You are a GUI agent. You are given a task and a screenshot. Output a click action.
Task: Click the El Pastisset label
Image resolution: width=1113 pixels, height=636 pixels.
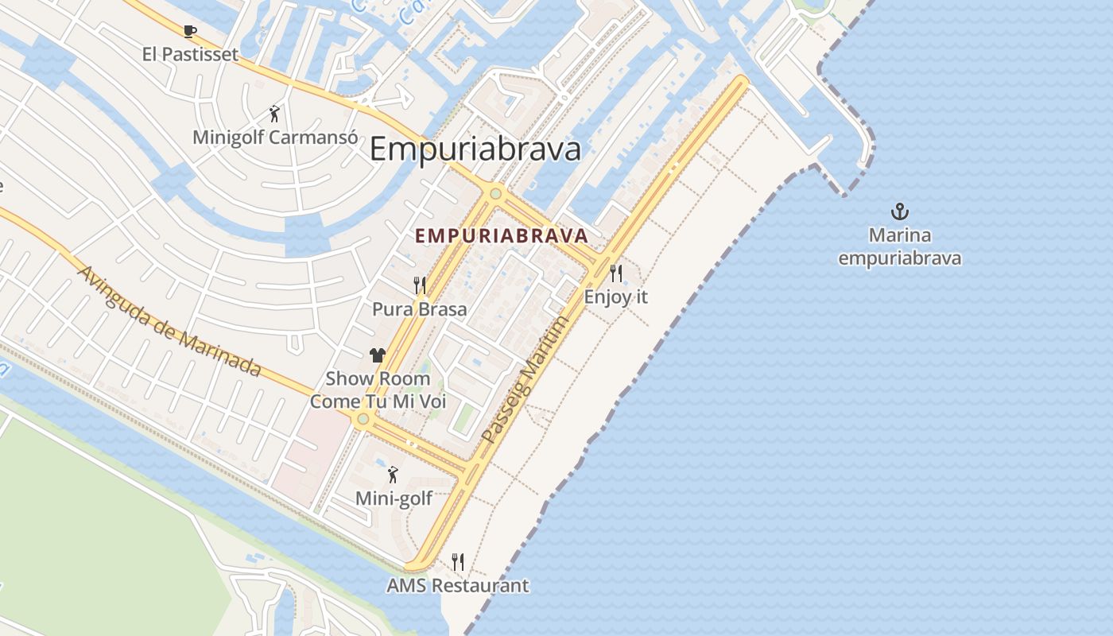point(190,54)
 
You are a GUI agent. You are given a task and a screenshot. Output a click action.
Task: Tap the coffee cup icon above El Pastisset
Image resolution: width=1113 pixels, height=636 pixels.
point(189,32)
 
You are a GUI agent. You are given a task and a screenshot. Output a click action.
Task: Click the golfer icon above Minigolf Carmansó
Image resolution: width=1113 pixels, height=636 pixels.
point(274,114)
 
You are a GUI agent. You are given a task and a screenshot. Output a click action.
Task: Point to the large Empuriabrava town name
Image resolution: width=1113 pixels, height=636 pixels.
point(475,149)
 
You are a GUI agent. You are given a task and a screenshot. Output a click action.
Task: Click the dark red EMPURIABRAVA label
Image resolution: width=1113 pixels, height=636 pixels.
point(502,235)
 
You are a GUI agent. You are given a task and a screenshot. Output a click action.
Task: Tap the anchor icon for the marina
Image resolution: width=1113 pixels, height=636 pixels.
point(899,211)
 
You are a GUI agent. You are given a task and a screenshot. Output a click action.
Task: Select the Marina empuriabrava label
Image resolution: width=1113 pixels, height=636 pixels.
point(899,246)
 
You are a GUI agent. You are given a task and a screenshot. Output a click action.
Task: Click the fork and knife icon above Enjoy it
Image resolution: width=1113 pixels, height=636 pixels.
point(616,273)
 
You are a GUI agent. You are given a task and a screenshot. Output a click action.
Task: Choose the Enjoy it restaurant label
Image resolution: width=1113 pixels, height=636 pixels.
point(616,297)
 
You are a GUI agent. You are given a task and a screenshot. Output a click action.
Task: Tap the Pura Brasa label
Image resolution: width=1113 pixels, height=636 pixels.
point(420,308)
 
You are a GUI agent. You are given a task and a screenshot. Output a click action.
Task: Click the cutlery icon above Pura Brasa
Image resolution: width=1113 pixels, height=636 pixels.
point(420,285)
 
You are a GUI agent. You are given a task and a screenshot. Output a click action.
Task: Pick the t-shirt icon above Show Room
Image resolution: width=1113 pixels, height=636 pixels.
point(378,355)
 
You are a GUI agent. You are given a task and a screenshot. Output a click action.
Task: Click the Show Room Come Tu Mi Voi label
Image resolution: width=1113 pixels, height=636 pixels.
point(378,390)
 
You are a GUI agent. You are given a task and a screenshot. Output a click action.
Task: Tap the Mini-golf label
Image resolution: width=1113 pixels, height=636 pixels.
point(394,498)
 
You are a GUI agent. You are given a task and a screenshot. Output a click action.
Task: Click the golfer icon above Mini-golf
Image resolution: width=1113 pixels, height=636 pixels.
point(392,475)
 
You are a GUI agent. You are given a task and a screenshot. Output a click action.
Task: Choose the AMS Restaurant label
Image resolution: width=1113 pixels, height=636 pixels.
point(457,586)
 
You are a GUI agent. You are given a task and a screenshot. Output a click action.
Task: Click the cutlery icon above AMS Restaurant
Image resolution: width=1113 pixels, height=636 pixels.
point(457,562)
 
